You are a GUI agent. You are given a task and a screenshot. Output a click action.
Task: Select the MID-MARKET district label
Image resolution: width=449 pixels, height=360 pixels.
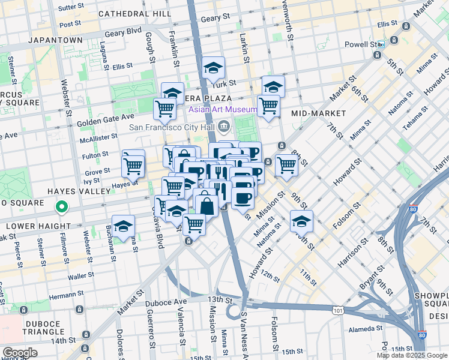[x=318, y=113]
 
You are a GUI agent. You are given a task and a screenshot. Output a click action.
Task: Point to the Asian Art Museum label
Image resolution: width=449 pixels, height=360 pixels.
[x=222, y=110]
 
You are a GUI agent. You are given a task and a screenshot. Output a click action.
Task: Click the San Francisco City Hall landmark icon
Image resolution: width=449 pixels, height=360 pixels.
[x=224, y=126]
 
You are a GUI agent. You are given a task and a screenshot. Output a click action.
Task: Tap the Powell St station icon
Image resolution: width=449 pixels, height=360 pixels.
[x=381, y=44]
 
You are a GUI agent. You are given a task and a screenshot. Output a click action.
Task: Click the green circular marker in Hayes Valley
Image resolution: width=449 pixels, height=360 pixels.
[x=61, y=208]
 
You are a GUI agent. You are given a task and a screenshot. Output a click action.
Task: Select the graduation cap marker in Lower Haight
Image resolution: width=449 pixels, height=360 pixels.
[x=123, y=227]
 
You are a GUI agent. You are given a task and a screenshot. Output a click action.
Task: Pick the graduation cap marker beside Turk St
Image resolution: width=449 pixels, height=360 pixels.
[x=213, y=68]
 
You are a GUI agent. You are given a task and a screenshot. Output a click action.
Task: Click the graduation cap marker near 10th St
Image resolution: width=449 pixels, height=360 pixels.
[x=301, y=221]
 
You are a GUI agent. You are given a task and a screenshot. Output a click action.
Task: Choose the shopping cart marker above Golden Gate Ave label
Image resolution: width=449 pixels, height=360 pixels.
[x=164, y=109]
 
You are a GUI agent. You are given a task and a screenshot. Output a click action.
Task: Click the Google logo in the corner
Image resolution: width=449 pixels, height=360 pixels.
[x=20, y=353]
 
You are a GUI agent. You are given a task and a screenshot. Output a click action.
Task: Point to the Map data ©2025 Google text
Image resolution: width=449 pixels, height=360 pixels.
[x=411, y=355]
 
